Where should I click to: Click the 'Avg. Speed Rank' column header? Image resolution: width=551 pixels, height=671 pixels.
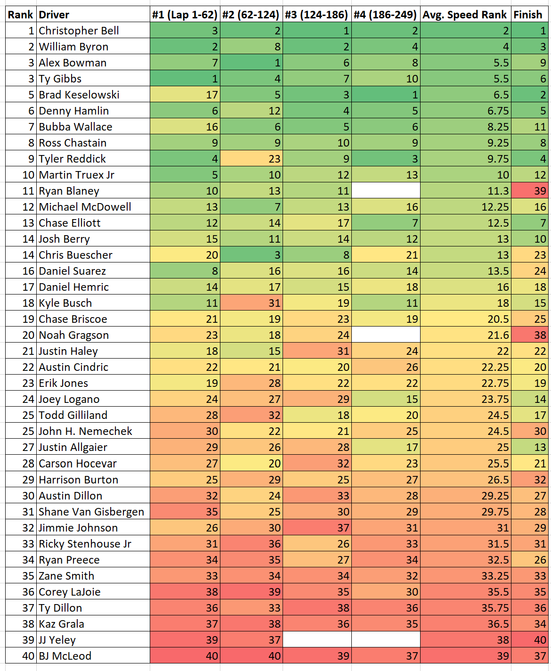click(465, 15)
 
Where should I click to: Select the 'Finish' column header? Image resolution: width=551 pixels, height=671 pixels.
click(529, 15)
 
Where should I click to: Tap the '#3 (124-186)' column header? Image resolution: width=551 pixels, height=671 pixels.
click(316, 15)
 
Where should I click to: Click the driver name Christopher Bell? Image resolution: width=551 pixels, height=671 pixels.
click(79, 31)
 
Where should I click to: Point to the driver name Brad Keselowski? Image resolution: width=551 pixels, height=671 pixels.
click(79, 95)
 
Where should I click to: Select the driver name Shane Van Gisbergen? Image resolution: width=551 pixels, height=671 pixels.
click(91, 512)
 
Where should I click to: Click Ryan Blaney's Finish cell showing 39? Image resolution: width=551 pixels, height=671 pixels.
click(530, 191)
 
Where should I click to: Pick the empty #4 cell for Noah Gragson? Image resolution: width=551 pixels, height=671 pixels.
click(386, 335)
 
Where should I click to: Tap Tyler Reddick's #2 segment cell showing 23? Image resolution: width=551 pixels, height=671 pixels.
click(251, 159)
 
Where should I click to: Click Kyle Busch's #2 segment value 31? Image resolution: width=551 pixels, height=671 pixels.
click(251, 303)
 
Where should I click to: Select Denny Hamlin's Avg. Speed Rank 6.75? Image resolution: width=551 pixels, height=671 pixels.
click(465, 111)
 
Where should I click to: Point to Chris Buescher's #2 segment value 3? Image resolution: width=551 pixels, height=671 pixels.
click(251, 255)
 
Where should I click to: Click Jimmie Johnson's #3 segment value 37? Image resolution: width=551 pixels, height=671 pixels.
click(317, 528)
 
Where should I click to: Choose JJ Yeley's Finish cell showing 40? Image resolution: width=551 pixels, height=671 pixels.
click(530, 640)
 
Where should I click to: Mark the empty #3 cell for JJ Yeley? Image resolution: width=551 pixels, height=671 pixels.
click(317, 640)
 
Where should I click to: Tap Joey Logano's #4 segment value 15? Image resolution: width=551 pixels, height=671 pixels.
click(386, 399)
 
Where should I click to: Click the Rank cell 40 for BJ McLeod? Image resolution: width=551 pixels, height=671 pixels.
click(21, 656)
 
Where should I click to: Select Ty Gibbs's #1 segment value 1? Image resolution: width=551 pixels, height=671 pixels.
click(185, 79)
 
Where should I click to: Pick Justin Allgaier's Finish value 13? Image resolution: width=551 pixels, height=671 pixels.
click(530, 447)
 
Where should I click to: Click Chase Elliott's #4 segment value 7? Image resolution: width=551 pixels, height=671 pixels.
click(386, 223)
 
